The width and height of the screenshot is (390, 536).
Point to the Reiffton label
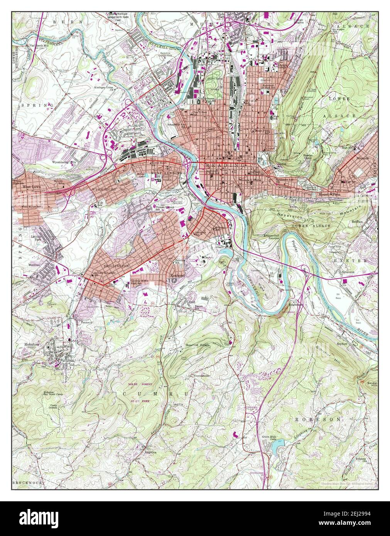coord(357,222)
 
